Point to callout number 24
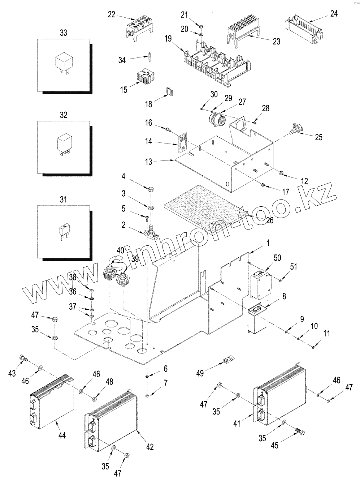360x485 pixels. tap(334, 14)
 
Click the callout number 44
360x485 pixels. tap(62, 436)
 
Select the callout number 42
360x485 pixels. tap(149, 447)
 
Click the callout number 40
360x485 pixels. tap(120, 250)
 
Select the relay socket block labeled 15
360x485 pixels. tap(146, 77)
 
